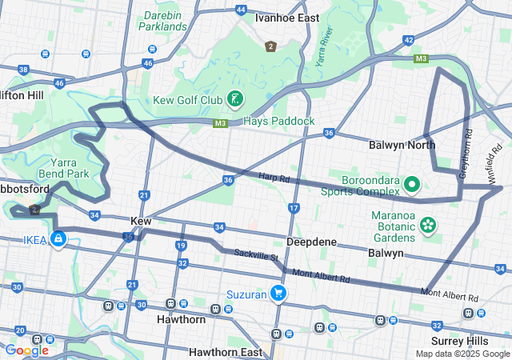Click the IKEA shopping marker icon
pyautogui.click(x=58, y=238)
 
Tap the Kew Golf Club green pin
pyautogui.click(x=234, y=99)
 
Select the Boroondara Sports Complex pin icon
pyautogui.click(x=412, y=185)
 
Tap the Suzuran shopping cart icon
pyautogui.click(x=278, y=294)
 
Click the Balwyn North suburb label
pyautogui.click(x=402, y=145)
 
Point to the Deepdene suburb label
pyautogui.click(x=311, y=242)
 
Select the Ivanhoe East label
pyautogui.click(x=286, y=18)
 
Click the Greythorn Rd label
pyautogui.click(x=468, y=153)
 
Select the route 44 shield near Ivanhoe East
pyautogui.click(x=241, y=10)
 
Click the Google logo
pyautogui.click(x=26, y=350)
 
